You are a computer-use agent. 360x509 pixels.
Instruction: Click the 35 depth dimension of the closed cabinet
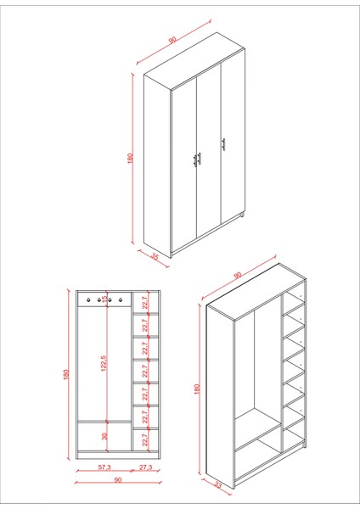click(x=155, y=255)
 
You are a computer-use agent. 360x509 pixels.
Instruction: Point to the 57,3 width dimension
click(x=104, y=467)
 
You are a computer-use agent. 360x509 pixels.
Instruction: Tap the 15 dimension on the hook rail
click(x=105, y=299)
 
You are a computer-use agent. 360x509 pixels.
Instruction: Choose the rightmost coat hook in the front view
click(x=121, y=299)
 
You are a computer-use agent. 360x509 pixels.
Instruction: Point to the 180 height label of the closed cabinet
click(x=130, y=158)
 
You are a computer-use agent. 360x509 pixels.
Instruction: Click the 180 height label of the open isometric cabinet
click(x=197, y=388)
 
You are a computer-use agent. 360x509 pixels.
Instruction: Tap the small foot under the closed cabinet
click(x=245, y=218)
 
